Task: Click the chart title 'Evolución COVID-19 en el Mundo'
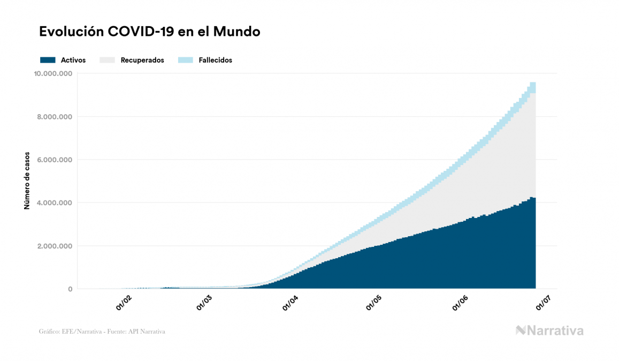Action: pyautogui.click(x=150, y=32)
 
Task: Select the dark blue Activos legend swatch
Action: pyautogui.click(x=48, y=60)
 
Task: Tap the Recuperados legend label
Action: pyautogui.click(x=142, y=60)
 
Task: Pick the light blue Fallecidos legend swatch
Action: pyautogui.click(x=186, y=60)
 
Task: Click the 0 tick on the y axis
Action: pyautogui.click(x=70, y=289)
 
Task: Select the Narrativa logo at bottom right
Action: pyautogui.click(x=549, y=330)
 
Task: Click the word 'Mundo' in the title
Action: pyautogui.click(x=236, y=32)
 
